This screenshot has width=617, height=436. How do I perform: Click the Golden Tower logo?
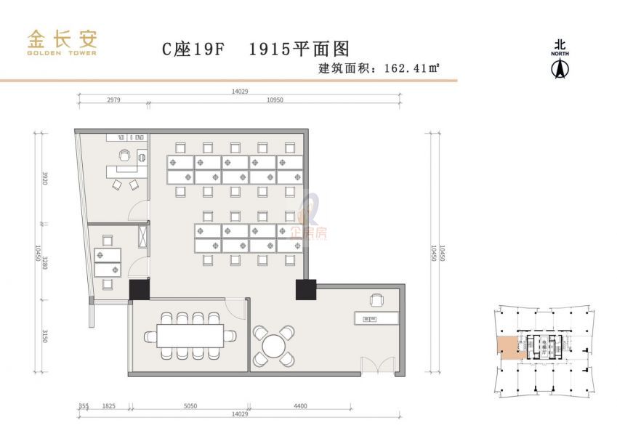pyautogui.click(x=62, y=42)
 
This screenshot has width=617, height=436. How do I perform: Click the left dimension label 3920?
pyautogui.click(x=44, y=177)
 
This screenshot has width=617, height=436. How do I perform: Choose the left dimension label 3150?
pyautogui.click(x=44, y=336)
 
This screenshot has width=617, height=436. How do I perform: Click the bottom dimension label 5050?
pyautogui.click(x=190, y=406)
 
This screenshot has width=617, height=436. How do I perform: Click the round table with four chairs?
pyautogui.click(x=274, y=344)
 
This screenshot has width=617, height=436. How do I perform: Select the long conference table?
pyautogui.click(x=190, y=335)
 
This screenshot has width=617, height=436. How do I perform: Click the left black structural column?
pyautogui.click(x=140, y=289)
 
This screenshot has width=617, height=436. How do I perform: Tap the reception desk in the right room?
pyautogui.click(x=375, y=318)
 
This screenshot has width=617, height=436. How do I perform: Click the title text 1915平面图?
pyautogui.click(x=299, y=49)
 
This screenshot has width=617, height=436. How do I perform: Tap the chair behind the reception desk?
pyautogui.click(x=376, y=299)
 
